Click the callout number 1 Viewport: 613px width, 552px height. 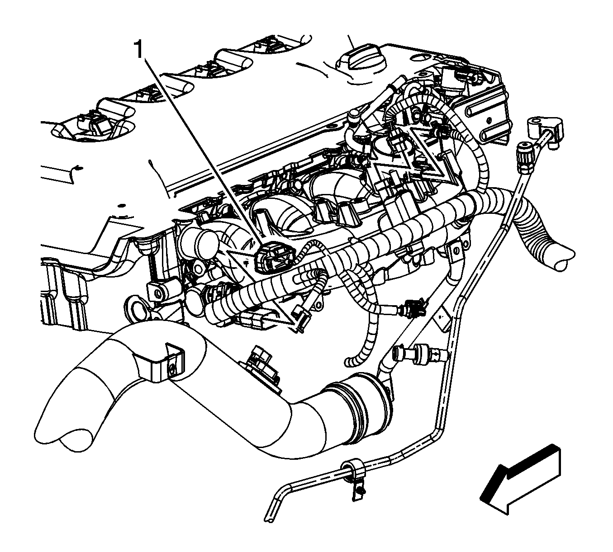click(139, 50)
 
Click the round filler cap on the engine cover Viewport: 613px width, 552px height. click(361, 60)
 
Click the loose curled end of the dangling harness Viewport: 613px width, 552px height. click(352, 360)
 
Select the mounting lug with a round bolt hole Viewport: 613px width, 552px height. click(158, 293)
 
